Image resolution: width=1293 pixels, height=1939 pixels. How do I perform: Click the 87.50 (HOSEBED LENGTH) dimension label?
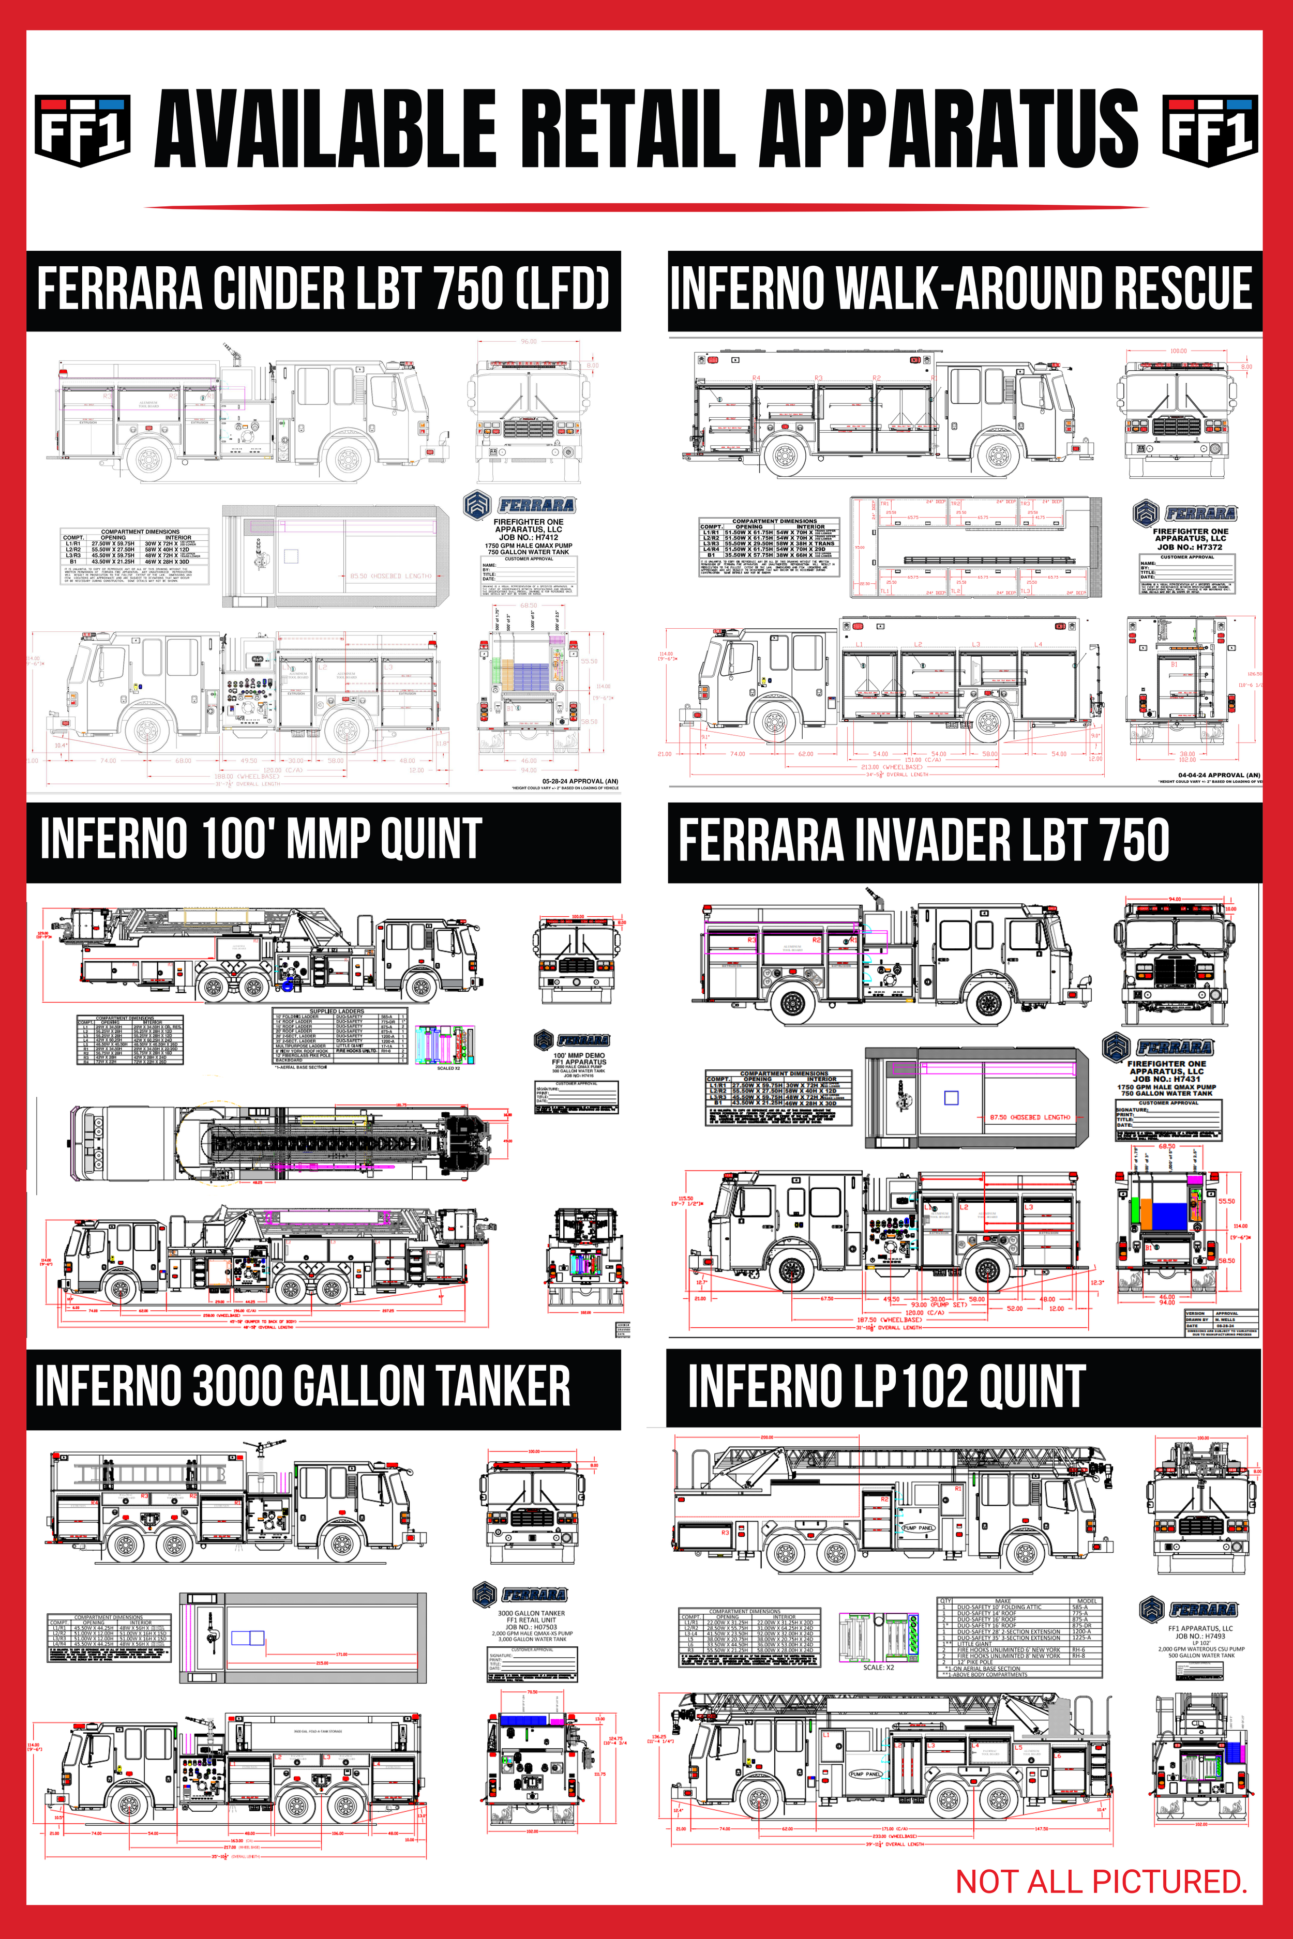pyautogui.click(x=1030, y=1117)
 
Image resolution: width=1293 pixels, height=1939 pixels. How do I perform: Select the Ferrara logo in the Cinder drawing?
pyautogui.click(x=519, y=505)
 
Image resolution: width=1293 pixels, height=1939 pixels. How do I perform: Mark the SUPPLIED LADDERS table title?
pyautogui.click(x=337, y=1011)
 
